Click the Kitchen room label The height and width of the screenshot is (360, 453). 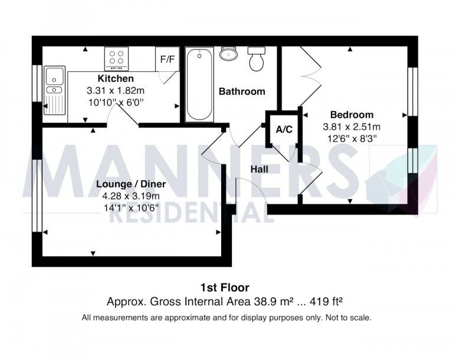pyautogui.click(x=115, y=78)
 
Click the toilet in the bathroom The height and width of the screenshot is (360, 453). pyautogui.click(x=257, y=59)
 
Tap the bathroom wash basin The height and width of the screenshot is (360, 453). pyautogui.click(x=227, y=54)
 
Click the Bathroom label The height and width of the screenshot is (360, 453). pyautogui.click(x=242, y=91)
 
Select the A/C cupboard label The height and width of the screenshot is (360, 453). pyautogui.click(x=284, y=129)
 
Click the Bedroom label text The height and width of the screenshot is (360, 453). pyautogui.click(x=352, y=115)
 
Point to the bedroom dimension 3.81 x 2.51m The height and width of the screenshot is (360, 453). pyautogui.click(x=352, y=127)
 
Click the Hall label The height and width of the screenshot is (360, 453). pyautogui.click(x=259, y=169)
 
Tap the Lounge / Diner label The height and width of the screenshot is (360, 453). pyautogui.click(x=131, y=184)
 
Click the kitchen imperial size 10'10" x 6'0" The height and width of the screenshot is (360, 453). pyautogui.click(x=115, y=101)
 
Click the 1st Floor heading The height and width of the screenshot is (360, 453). pyautogui.click(x=225, y=288)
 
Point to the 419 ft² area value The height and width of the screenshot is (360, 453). pyautogui.click(x=324, y=302)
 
